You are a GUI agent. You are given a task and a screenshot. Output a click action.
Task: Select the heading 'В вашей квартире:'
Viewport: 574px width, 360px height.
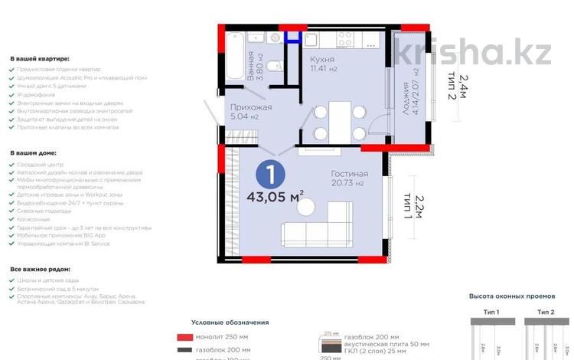(x=40, y=58)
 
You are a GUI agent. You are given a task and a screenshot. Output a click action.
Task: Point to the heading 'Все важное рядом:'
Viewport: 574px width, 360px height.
(x=40, y=270)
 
